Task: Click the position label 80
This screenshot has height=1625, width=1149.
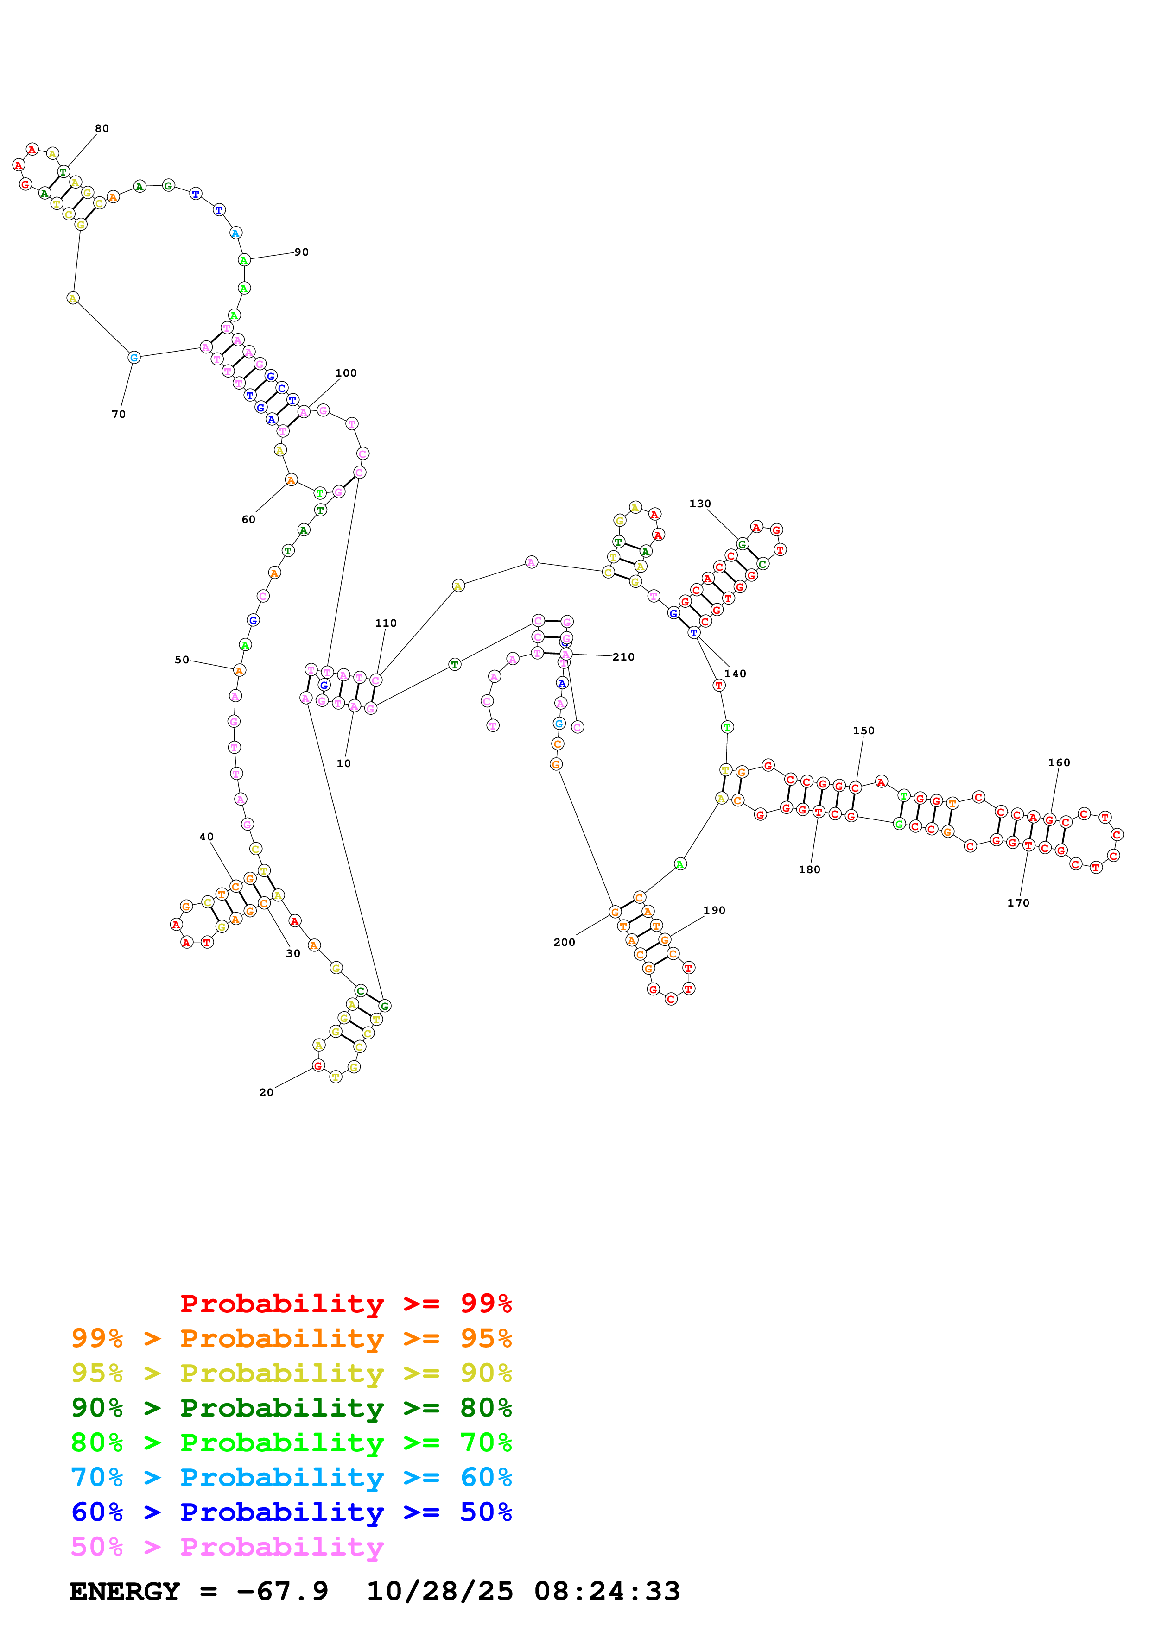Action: tap(102, 129)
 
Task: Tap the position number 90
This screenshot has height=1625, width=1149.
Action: tap(302, 252)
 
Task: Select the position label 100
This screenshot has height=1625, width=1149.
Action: tap(346, 373)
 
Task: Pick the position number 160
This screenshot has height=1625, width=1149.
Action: tap(1059, 762)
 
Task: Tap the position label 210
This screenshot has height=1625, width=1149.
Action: tap(624, 657)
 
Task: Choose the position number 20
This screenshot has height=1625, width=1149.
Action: tap(266, 1092)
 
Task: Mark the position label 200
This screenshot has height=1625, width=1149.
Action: tap(564, 942)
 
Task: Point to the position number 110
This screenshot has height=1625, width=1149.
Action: tap(386, 623)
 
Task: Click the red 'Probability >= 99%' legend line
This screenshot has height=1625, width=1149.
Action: tap(345, 1304)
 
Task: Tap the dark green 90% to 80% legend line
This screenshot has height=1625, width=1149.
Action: tap(291, 1408)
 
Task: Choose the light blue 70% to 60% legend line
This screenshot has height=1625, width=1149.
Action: tap(291, 1477)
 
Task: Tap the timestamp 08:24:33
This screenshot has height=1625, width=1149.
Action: tap(607, 1591)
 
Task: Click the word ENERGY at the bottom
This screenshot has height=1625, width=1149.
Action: tap(125, 1591)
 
